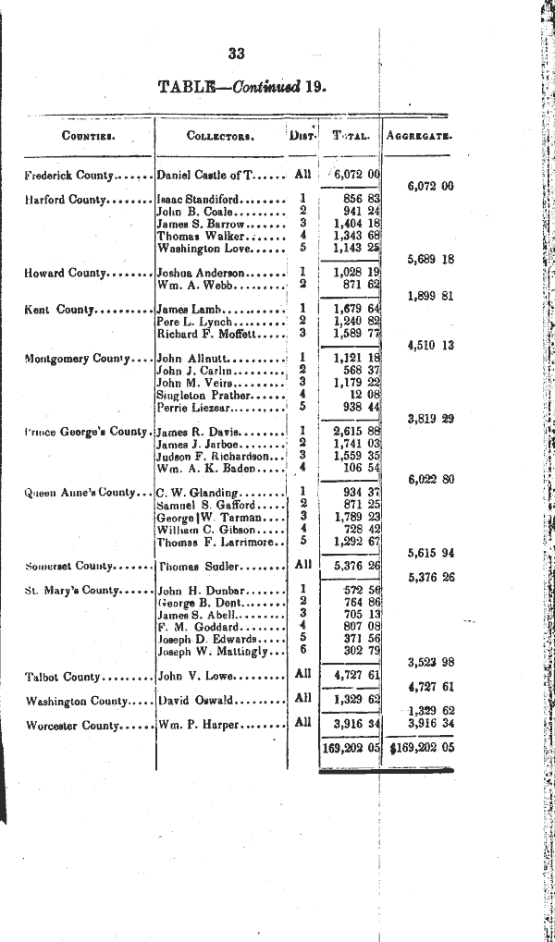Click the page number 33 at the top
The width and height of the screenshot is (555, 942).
[x=236, y=54]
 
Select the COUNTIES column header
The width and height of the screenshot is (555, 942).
[x=88, y=136]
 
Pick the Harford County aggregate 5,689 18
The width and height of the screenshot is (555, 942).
[x=431, y=260]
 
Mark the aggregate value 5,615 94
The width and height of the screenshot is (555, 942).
[x=431, y=553]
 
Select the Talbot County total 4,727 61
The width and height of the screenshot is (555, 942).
[x=357, y=676]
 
